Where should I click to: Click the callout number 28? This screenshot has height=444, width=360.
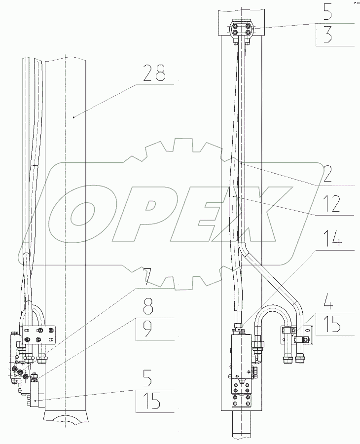tap(154, 74)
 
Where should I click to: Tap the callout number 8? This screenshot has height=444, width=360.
tap(148, 307)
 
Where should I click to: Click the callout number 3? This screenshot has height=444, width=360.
tap(328, 34)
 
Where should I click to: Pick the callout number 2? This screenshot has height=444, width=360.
tap(327, 173)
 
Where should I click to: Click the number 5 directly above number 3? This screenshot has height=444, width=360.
tap(328, 11)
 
